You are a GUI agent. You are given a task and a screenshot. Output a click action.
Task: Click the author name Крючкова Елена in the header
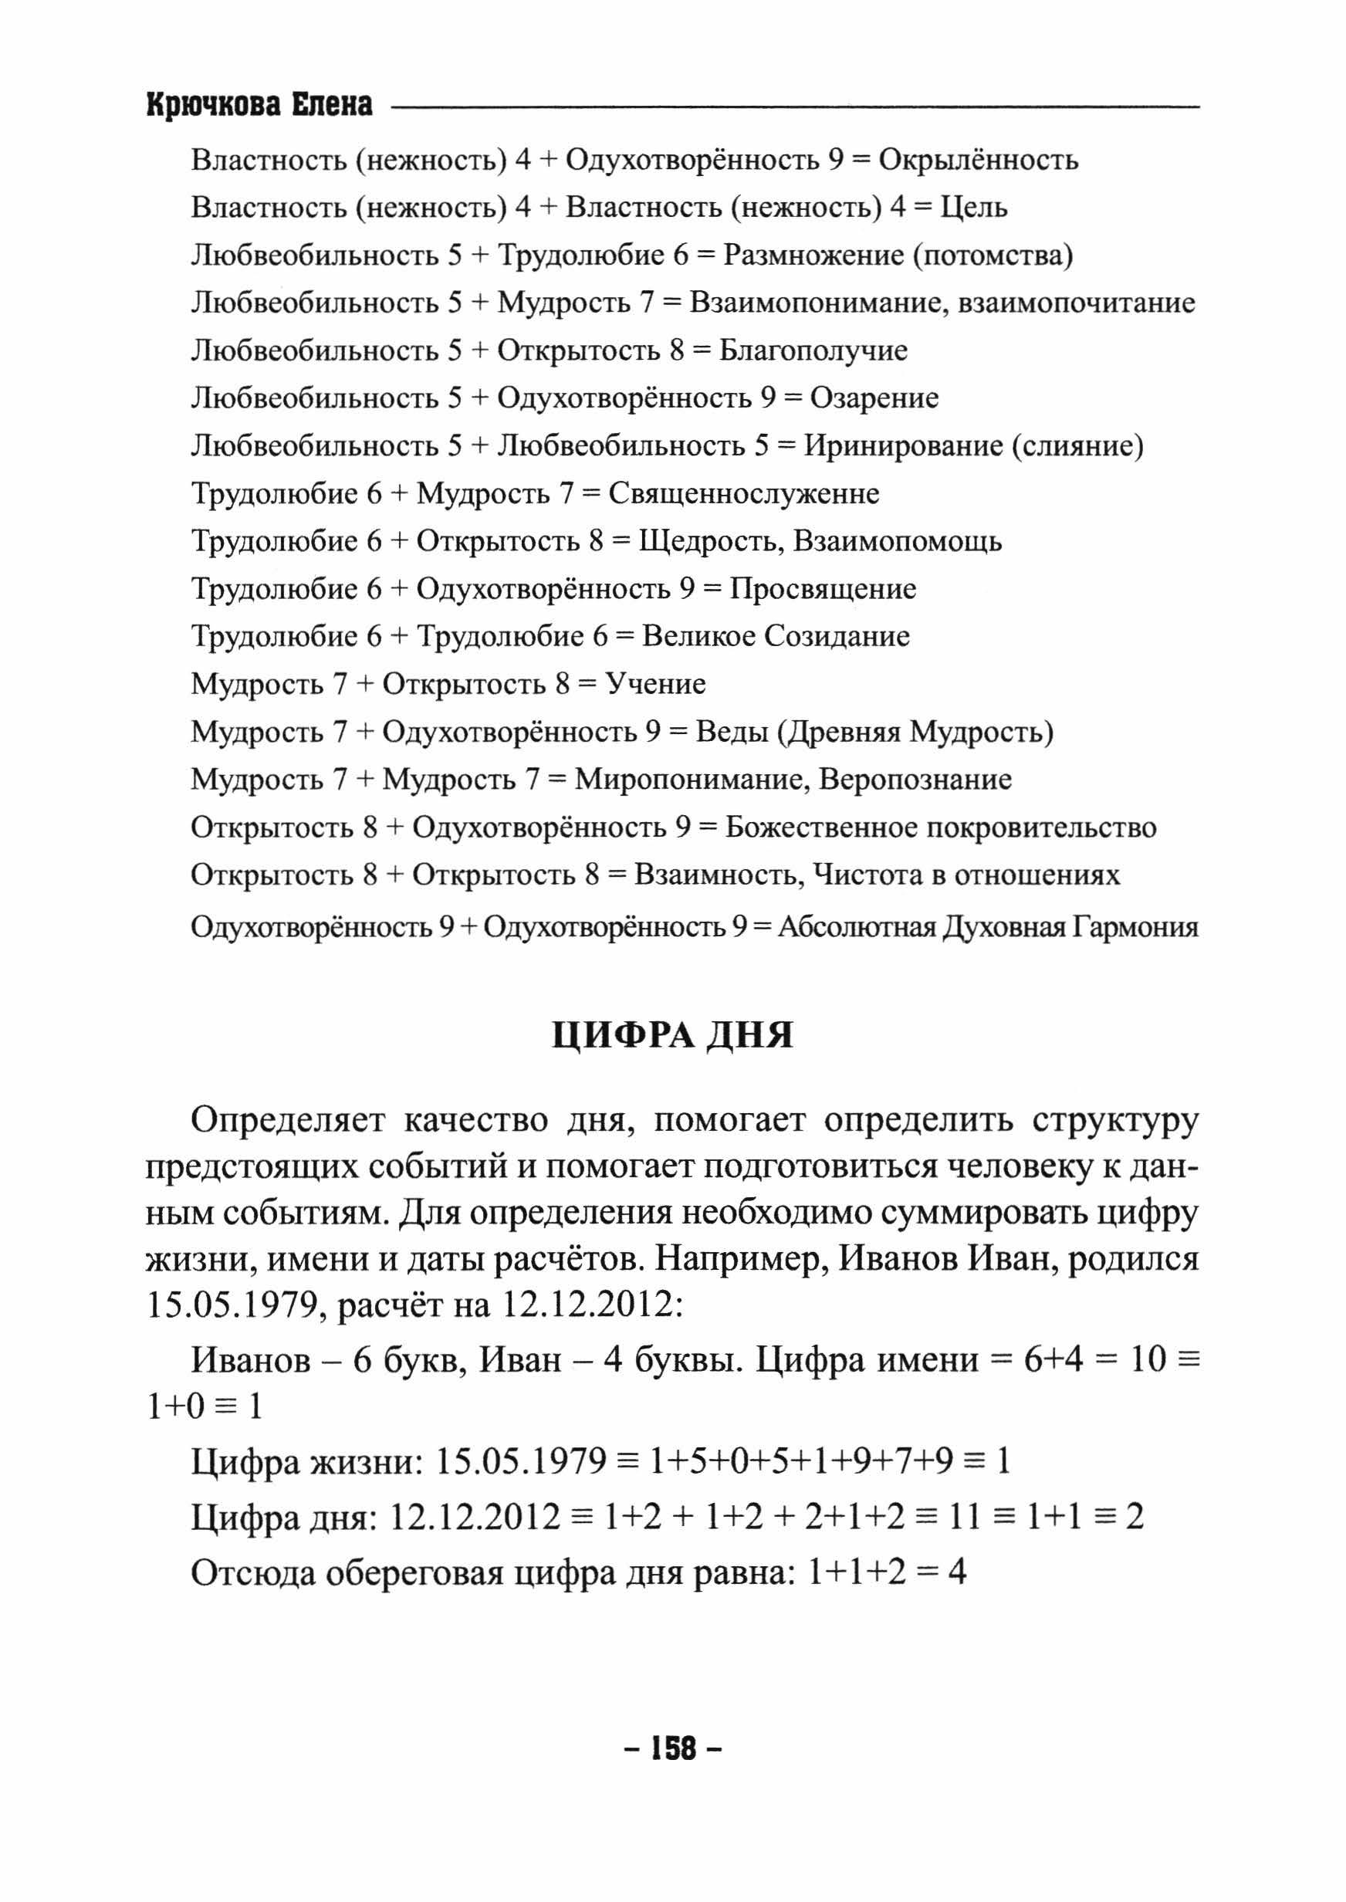point(259,106)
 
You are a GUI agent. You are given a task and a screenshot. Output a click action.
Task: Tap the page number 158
point(673,1748)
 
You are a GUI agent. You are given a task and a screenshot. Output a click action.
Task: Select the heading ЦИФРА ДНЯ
point(672,1035)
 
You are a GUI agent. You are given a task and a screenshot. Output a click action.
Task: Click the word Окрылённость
point(978,160)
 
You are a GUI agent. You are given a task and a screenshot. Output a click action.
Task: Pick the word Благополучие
point(813,350)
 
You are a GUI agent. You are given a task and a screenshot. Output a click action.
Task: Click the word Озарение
point(874,398)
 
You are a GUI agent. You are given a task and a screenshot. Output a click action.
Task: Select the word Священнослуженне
point(743,494)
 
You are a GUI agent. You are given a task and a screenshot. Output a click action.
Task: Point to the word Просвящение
point(822,589)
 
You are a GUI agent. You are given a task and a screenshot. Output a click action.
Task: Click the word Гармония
point(1135,926)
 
